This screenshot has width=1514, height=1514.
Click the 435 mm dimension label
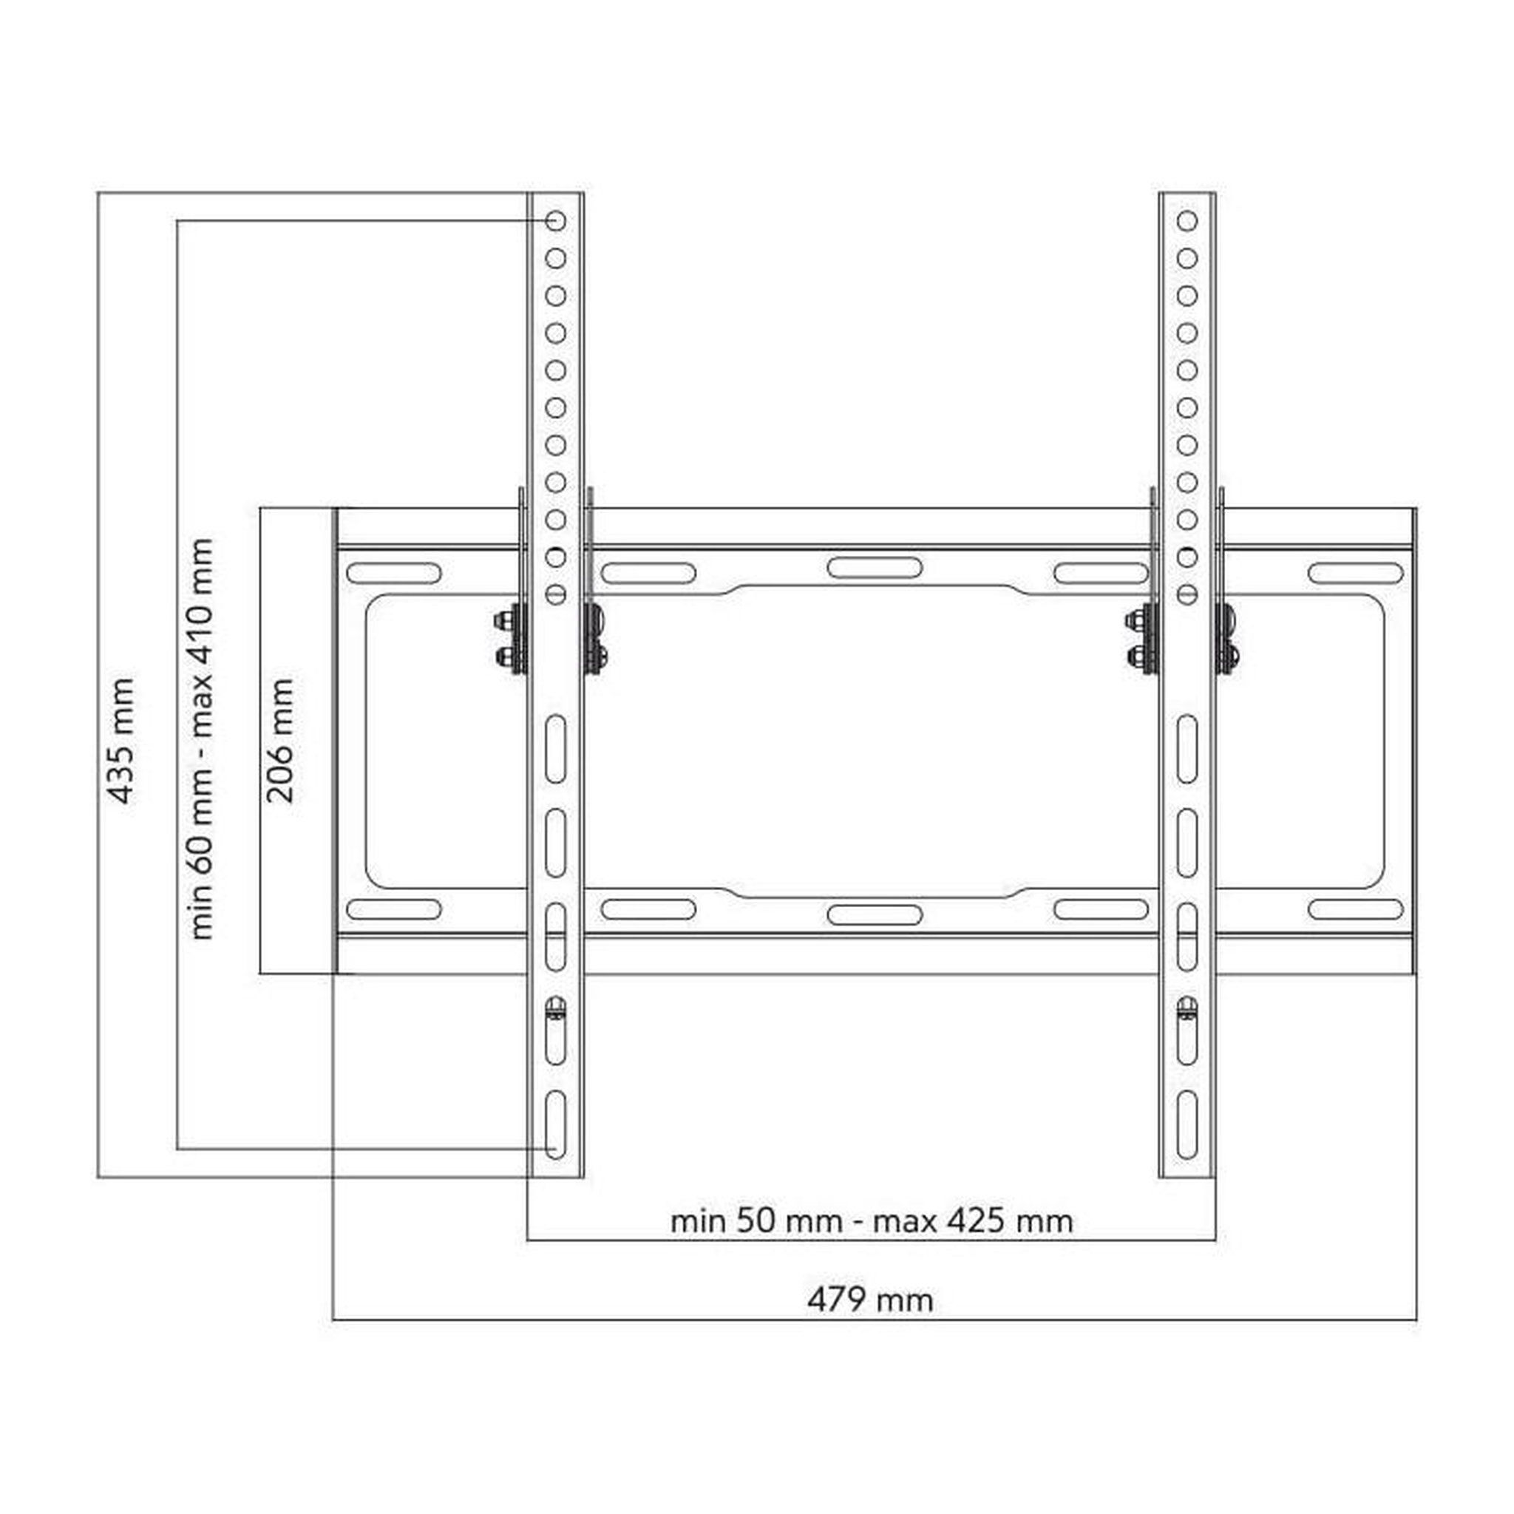pyautogui.click(x=120, y=741)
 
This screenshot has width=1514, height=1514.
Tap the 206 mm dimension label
pyautogui.click(x=279, y=741)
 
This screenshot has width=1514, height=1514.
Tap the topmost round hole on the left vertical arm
pyautogui.click(x=556, y=221)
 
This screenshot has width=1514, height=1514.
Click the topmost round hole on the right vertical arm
pyautogui.click(x=1187, y=221)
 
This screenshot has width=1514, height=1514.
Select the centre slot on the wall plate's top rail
pyautogui.click(x=875, y=567)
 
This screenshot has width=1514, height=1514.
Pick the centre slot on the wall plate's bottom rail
pyautogui.click(x=875, y=914)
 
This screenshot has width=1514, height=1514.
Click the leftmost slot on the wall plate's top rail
pyautogui.click(x=393, y=573)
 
